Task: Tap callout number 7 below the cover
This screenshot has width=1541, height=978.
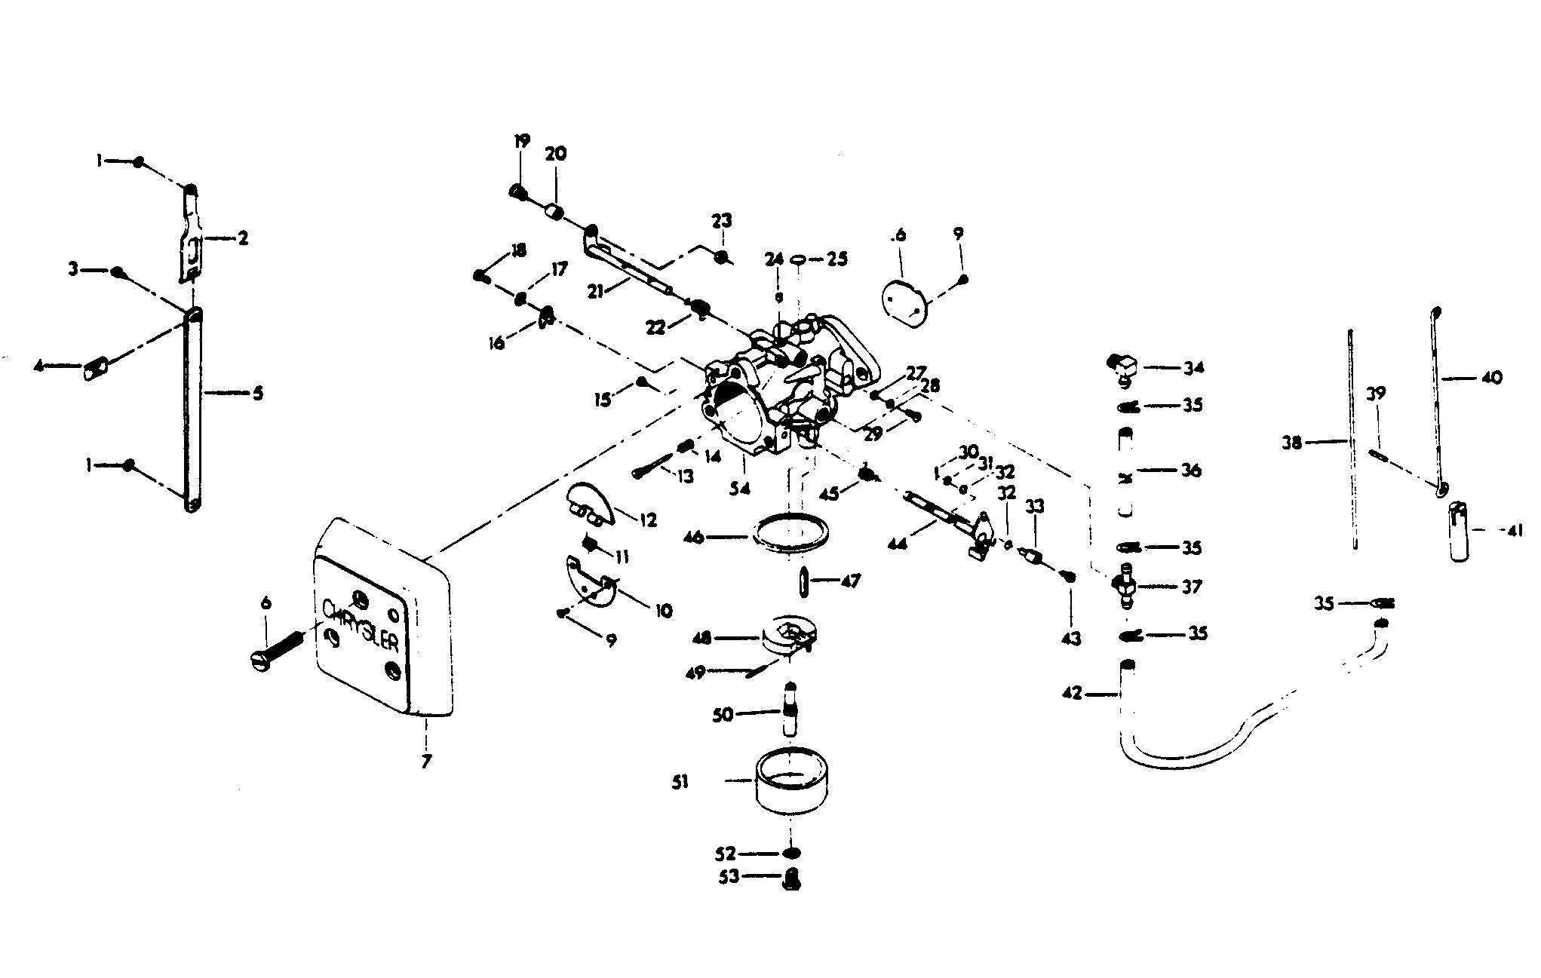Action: click(426, 762)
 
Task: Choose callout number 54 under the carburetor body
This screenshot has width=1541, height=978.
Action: click(739, 489)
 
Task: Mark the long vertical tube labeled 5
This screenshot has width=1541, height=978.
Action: click(194, 407)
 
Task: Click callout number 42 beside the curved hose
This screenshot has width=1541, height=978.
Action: click(1071, 692)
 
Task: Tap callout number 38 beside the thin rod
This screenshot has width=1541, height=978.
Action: click(1292, 443)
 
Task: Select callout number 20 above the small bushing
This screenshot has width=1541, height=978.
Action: click(556, 153)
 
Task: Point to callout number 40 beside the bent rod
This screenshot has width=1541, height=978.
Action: click(1491, 378)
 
